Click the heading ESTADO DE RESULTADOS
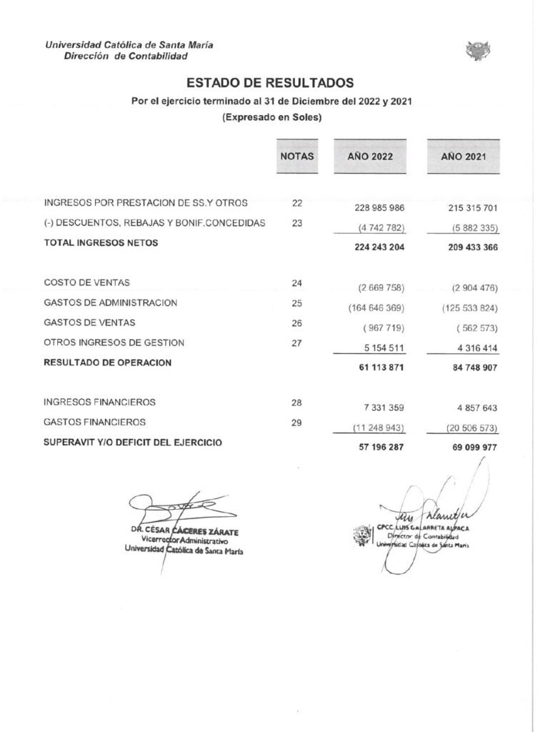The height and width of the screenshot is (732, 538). point(270,83)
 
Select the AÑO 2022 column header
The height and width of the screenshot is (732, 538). point(369,156)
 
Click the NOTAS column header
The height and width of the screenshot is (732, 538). point(297,155)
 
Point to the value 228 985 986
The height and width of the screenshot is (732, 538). point(379,208)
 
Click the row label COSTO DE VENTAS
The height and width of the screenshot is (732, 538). point(86,283)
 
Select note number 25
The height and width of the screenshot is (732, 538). point(297,303)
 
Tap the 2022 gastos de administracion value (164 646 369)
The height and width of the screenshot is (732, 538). point(374,308)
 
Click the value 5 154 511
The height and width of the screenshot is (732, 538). point(381,348)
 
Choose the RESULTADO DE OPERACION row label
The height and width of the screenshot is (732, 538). point(108,362)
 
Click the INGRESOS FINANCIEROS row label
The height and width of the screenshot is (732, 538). point(100,402)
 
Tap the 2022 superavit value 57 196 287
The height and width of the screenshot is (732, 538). point(379,448)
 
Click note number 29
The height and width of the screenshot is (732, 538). point(297,422)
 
